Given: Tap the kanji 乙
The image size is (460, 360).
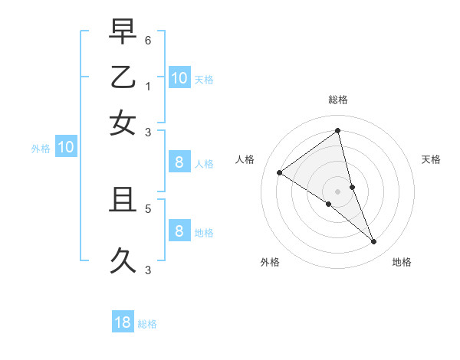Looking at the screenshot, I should point(123,77).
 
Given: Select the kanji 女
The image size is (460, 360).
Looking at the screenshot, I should point(123,122).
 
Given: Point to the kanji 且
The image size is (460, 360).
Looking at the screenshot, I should point(123,201).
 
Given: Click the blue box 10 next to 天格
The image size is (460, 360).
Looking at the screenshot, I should point(179,78).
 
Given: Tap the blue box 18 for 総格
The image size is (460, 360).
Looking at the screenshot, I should point(123,322).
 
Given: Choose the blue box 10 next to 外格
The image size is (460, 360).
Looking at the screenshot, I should point(66,148).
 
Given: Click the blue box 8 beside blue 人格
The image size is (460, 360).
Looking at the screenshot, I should point(179,162).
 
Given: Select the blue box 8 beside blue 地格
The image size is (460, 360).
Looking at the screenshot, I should point(179,231).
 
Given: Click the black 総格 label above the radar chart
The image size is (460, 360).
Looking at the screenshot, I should point(338,100).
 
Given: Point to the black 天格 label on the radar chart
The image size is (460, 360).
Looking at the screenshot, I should point(431,159).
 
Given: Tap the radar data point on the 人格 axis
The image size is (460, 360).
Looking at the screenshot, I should point(279,172).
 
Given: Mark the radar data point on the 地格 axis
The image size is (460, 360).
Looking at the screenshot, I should point(373,241).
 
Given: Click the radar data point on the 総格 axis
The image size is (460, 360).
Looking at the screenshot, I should point(338,131).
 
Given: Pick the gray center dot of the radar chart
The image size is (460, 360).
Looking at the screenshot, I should point(338,190).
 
